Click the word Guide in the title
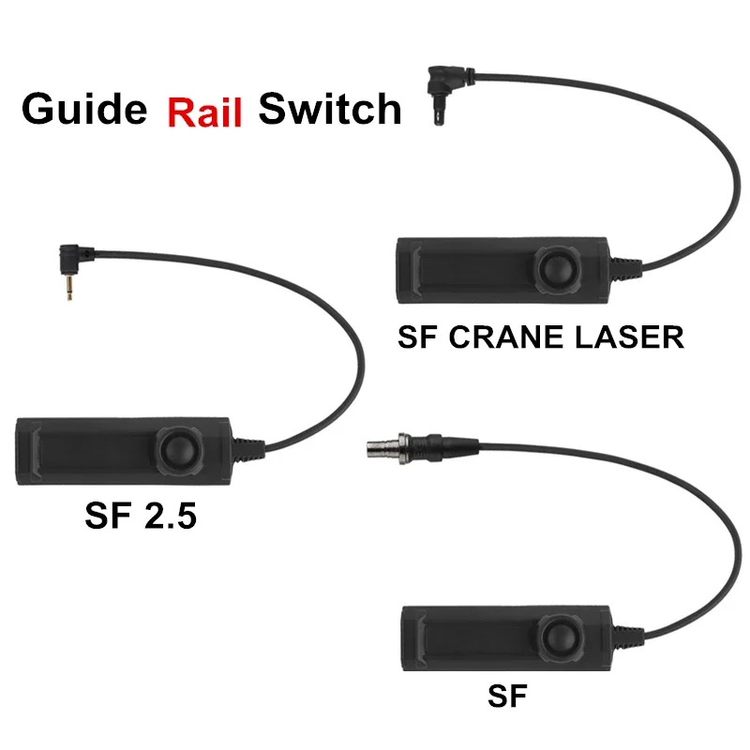coord(84,111)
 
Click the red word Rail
coord(205,112)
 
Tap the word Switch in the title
coord(330,110)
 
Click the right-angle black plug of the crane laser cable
coord(439,82)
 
